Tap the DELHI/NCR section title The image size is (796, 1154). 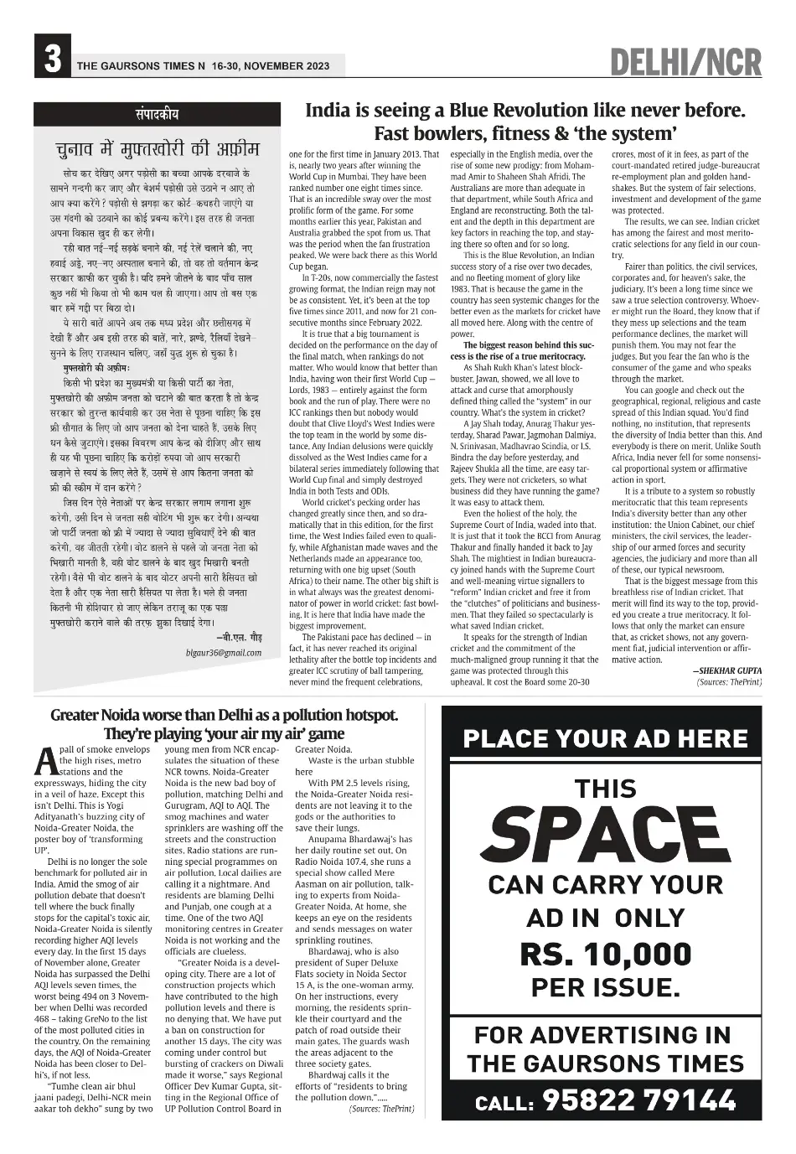pos(685,63)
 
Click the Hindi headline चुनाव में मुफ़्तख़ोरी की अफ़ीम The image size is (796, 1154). pos(158,149)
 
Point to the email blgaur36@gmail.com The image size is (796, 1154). pos(224,653)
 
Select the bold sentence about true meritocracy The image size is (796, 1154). pos(524,350)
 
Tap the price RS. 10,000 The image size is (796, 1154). pos(605,954)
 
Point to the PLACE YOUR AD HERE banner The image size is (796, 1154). pos(605,738)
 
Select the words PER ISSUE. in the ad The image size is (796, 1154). pos(605,987)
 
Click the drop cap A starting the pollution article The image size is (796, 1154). pos(45,759)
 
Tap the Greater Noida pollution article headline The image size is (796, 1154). pos(225,725)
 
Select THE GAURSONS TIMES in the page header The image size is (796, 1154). pos(135,65)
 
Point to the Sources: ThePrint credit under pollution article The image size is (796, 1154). pos(381,1109)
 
